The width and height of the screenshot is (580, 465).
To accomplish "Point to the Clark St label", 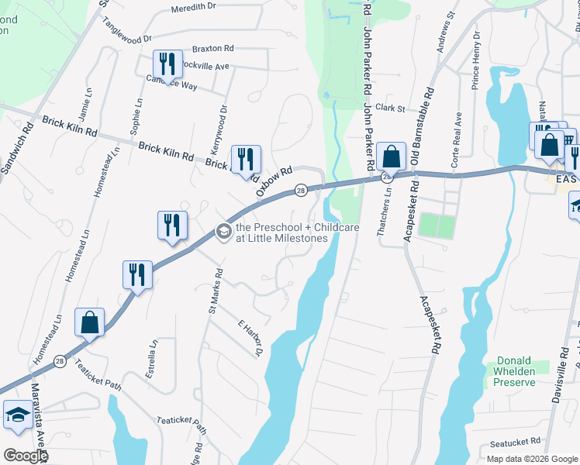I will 390,108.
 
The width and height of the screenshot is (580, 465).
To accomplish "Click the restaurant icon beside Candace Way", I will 167,61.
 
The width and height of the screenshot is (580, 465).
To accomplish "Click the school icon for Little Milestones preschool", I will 223,231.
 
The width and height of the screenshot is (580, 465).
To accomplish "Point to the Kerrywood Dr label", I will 216,129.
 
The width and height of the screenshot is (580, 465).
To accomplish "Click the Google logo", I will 25,456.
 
